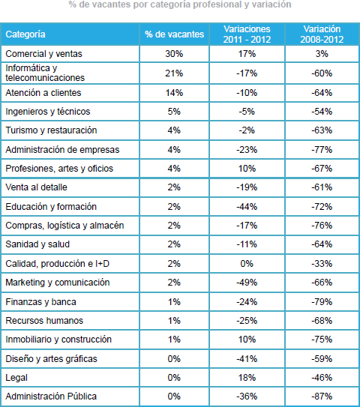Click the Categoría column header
(25, 34)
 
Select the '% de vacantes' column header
(174, 34)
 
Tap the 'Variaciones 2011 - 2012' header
(247, 34)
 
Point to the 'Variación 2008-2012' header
(322, 34)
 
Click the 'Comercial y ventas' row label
(43, 54)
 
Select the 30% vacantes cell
(174, 54)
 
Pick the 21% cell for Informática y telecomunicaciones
(174, 73)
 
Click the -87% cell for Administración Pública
(322, 396)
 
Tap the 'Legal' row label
(16, 378)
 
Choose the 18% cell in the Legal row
(247, 378)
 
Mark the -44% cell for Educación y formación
(247, 207)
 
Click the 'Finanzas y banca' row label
(40, 302)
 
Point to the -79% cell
(322, 302)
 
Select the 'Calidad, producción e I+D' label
(58, 263)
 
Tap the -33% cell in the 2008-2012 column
(322, 263)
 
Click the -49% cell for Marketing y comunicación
(247, 282)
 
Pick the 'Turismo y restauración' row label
(51, 130)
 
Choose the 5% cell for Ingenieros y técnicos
(174, 112)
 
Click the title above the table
(180, 4)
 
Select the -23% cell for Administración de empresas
(247, 149)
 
